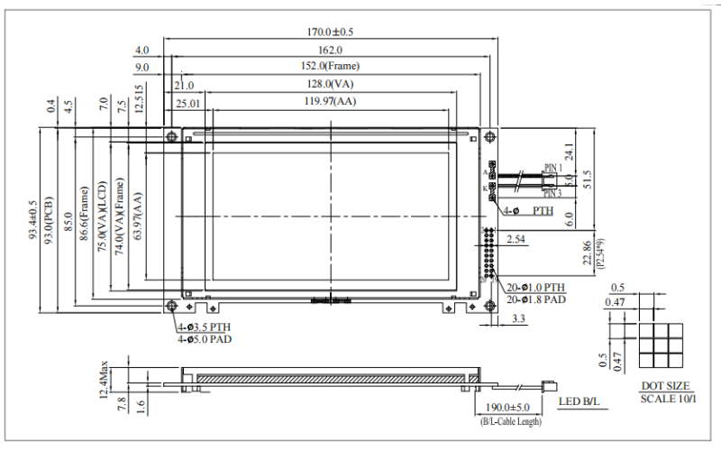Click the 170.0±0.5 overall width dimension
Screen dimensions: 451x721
point(331,32)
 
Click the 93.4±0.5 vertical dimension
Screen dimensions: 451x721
point(32,220)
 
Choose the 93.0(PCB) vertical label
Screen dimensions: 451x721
point(50,220)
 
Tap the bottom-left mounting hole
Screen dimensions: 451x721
point(171,306)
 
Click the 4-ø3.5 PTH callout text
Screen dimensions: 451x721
point(204,327)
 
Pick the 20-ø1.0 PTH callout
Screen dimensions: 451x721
point(536,287)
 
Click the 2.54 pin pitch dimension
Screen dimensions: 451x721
point(516,239)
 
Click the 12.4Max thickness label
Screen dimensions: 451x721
point(105,380)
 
